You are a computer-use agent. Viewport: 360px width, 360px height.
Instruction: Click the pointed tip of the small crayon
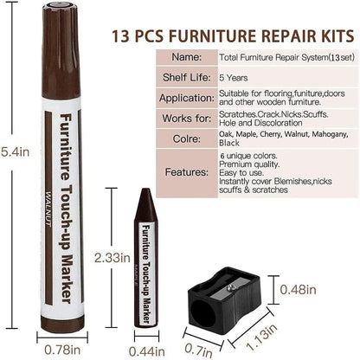[148, 195]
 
